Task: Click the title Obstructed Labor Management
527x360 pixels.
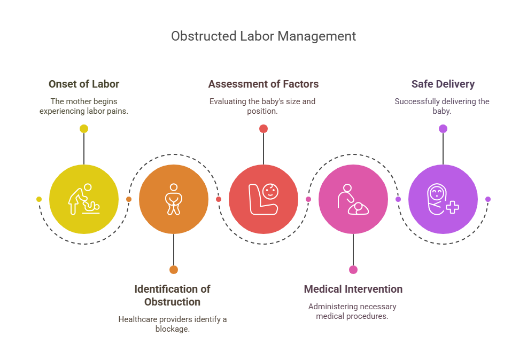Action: [x=263, y=36]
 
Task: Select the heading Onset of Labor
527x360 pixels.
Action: [x=84, y=84]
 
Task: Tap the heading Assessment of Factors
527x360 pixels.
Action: [x=263, y=84]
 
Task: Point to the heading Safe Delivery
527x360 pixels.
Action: [x=443, y=84]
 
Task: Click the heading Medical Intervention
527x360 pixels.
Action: [x=353, y=289]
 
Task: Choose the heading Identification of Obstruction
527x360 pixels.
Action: [x=173, y=295]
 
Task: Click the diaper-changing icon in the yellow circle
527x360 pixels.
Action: [x=84, y=199]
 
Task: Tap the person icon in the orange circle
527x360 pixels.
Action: [x=174, y=199]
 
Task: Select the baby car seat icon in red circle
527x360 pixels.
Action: [x=263, y=199]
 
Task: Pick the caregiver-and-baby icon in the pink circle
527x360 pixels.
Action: [x=353, y=199]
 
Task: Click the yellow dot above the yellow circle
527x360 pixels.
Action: [x=84, y=129]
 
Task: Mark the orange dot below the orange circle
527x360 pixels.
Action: [x=174, y=270]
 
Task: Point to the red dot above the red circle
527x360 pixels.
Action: [x=263, y=129]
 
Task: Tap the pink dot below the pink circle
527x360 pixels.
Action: [x=353, y=270]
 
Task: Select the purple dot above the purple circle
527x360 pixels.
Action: [x=443, y=129]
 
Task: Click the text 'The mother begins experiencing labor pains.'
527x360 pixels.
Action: [x=84, y=106]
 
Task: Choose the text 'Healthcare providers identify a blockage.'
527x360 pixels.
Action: [x=173, y=324]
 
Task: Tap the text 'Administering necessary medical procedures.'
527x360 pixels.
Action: [x=352, y=311]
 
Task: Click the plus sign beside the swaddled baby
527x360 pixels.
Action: [x=452, y=207]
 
